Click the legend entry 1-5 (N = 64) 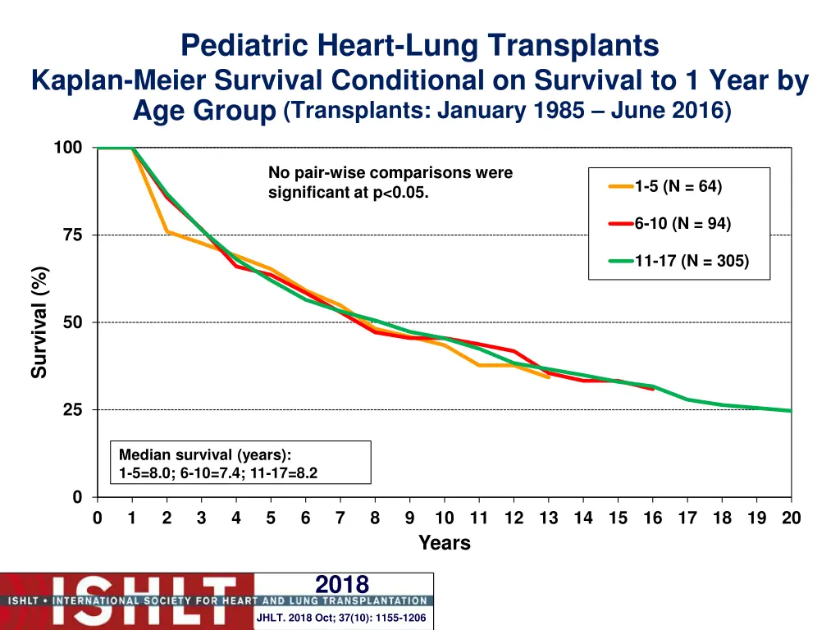(x=678, y=186)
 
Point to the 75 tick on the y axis (x=73, y=235)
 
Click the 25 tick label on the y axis (x=73, y=410)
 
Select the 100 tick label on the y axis (x=68, y=148)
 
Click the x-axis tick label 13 (x=549, y=518)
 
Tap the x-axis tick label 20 (x=791, y=518)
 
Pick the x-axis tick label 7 (x=340, y=518)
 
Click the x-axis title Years (x=444, y=543)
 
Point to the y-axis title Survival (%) (x=39, y=322)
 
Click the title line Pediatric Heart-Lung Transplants (x=419, y=46)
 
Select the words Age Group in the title (x=203, y=111)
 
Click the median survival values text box (x=240, y=463)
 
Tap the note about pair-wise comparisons (x=390, y=183)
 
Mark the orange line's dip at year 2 (x=167, y=231)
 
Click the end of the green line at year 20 (x=791, y=410)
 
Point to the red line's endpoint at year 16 (x=653, y=389)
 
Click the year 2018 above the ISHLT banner (x=342, y=584)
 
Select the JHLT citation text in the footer (x=341, y=618)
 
